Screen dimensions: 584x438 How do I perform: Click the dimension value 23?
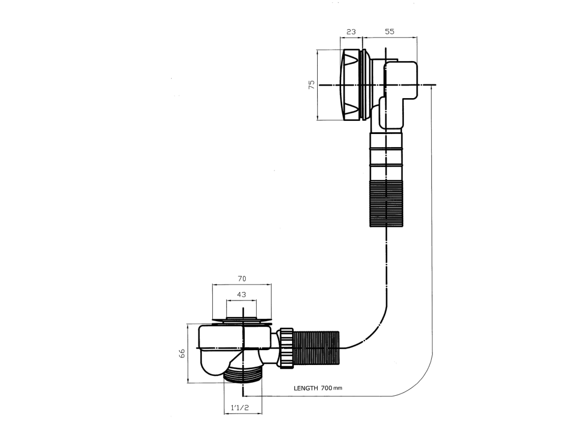[351, 32]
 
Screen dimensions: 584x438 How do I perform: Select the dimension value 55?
[390, 32]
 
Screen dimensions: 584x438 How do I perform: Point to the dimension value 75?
[312, 84]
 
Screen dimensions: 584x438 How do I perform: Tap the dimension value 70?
[242, 278]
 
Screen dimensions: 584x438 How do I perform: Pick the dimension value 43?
[241, 294]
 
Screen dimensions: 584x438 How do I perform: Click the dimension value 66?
[182, 353]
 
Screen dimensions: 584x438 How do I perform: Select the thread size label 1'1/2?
[240, 407]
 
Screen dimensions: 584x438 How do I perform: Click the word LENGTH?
[306, 388]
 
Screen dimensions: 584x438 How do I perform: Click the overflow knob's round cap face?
[351, 85]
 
